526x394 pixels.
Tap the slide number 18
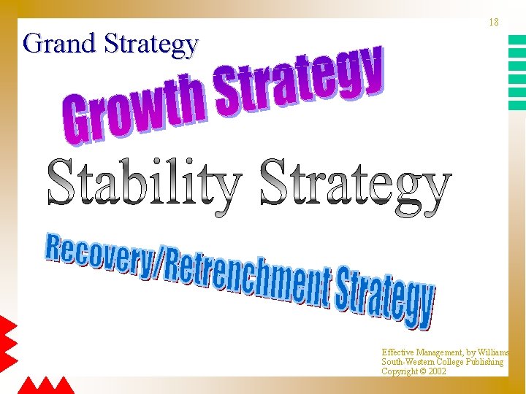point(494,23)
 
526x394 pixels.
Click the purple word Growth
point(135,107)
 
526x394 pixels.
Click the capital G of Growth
point(77,123)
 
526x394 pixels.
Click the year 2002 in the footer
point(437,371)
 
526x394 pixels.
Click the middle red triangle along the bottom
point(46,386)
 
